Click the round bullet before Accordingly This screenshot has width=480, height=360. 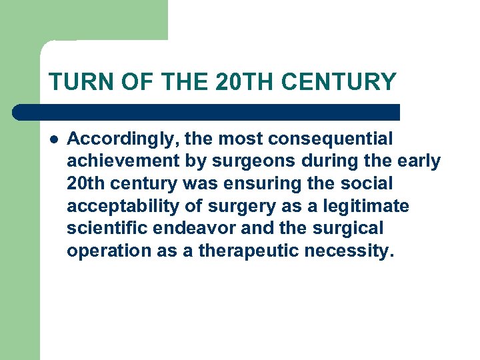click(53, 140)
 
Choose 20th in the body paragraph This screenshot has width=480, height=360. click(84, 184)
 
